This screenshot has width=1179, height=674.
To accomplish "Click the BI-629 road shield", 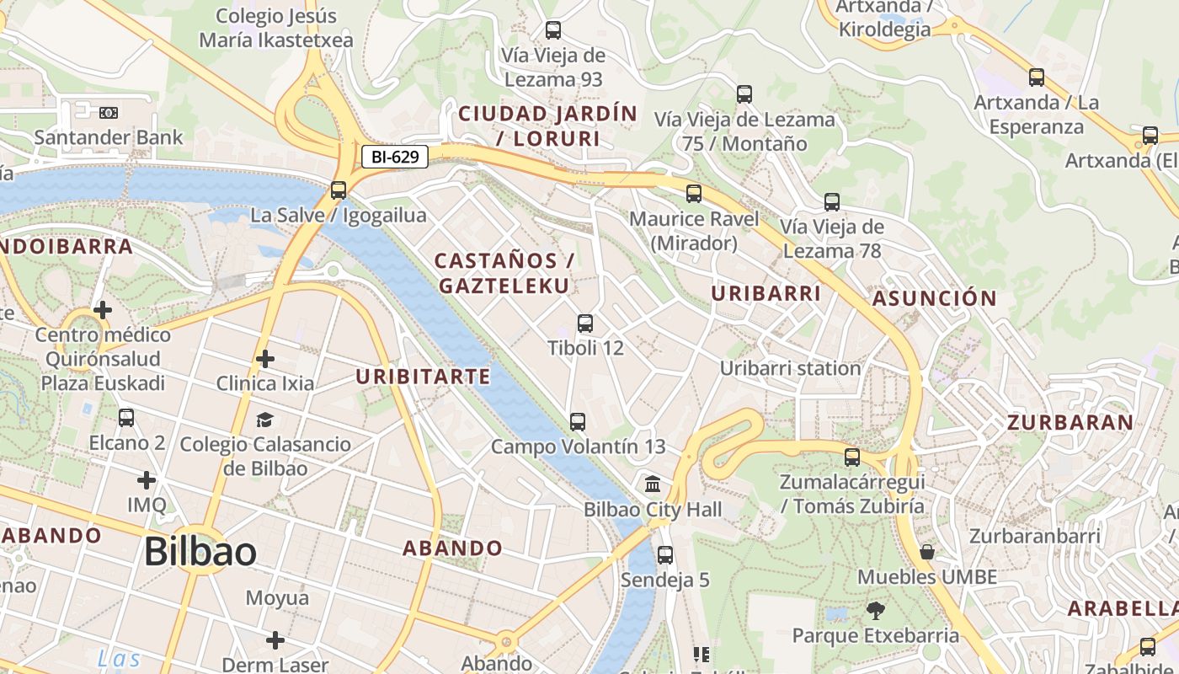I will [395, 156].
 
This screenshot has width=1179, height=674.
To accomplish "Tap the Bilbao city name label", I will [200, 552].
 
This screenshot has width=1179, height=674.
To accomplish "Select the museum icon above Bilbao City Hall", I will [653, 484].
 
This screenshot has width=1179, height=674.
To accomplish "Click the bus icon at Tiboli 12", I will [584, 323].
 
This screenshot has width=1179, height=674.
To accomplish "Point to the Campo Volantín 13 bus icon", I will [578, 421].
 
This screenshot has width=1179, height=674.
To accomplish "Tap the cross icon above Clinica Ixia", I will [264, 359].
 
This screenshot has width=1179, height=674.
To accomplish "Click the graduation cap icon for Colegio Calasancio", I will [264, 420].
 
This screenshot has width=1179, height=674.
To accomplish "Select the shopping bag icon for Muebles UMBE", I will [927, 552].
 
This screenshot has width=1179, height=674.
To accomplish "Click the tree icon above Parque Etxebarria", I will [876, 610].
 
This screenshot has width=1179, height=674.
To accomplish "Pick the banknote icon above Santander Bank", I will [109, 112].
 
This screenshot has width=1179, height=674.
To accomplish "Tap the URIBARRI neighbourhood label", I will [766, 293].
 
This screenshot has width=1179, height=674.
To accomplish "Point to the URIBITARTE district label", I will [423, 377].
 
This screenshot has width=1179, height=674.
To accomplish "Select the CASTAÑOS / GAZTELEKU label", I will [504, 273].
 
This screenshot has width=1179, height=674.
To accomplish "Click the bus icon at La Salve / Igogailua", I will [339, 190].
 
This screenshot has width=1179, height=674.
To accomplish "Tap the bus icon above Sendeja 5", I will [665, 554].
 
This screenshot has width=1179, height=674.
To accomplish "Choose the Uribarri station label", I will [790, 368].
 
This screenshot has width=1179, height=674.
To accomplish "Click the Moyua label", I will [277, 598].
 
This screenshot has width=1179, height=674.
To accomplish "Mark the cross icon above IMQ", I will [147, 480].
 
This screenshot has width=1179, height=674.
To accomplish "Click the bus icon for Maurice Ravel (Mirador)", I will [694, 194].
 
